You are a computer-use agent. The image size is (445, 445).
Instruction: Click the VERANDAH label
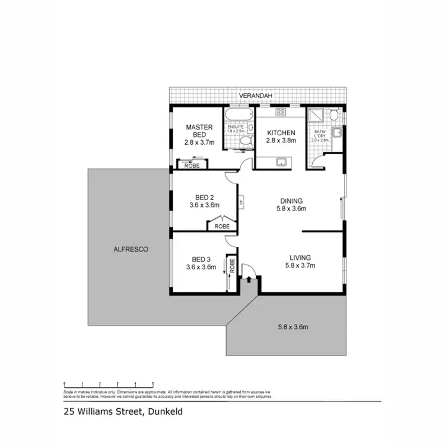point(255,96)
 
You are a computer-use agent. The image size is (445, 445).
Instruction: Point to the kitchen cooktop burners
point(281,112)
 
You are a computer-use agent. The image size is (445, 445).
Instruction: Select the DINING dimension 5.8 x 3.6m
point(291,209)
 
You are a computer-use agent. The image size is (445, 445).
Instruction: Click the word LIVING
point(300,258)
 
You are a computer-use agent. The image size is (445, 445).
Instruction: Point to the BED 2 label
point(204,198)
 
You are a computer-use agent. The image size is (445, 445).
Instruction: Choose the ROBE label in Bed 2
point(222,226)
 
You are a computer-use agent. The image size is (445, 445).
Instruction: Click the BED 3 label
point(201,259)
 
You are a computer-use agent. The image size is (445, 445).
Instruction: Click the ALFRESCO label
point(131,250)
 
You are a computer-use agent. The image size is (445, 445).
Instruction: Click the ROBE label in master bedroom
point(192,166)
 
